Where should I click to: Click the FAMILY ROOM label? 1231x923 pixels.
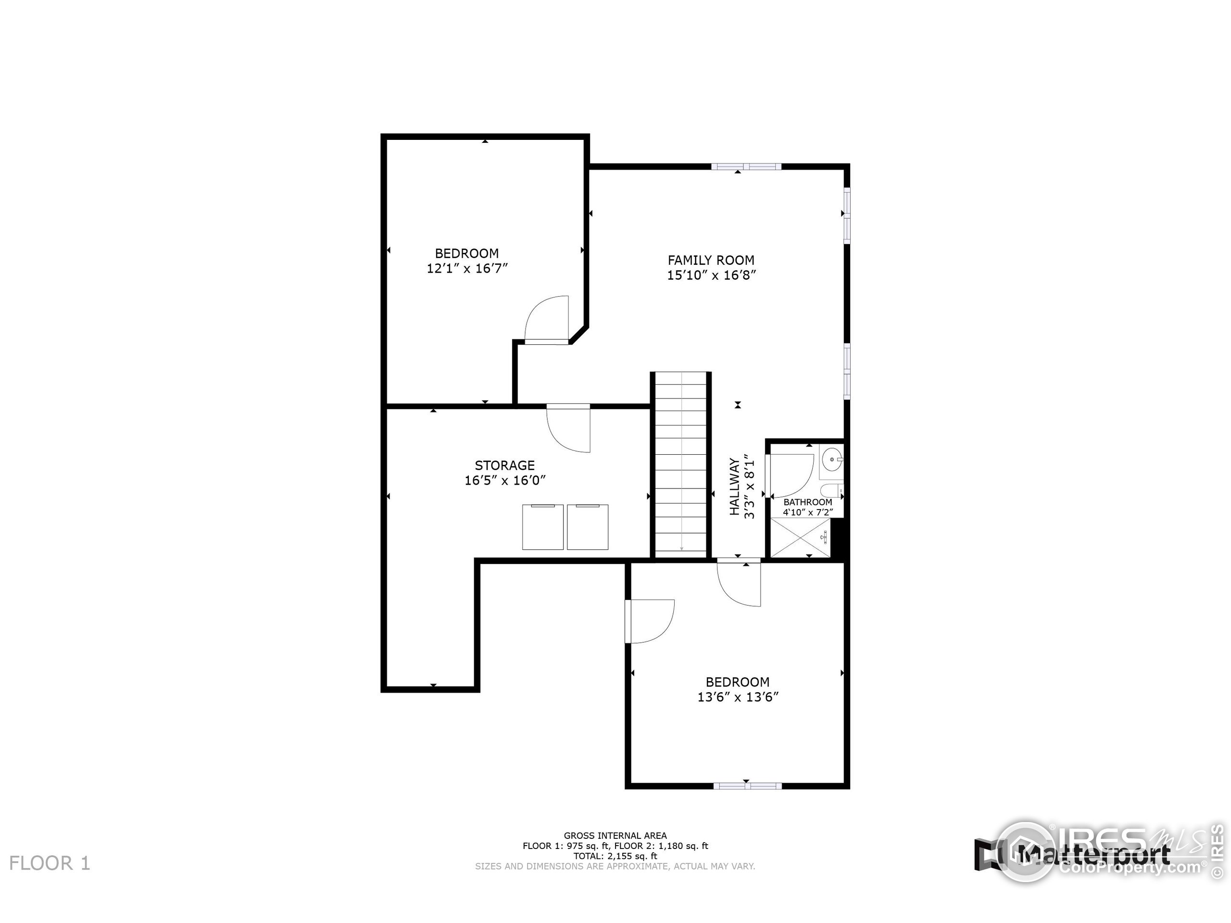point(711,260)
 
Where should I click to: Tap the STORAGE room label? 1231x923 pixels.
point(504,465)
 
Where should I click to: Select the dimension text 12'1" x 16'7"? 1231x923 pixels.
point(467,269)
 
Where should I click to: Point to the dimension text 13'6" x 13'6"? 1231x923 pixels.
point(737,697)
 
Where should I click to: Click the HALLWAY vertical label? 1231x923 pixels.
point(735,486)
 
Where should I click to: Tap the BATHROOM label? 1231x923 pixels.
point(807,502)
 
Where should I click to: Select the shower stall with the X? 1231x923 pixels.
point(800,537)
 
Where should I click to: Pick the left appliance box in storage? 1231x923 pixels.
point(542,527)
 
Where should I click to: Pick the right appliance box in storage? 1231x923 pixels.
point(587,527)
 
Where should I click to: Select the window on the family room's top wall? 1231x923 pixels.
point(746,166)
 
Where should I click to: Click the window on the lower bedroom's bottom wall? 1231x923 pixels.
point(747,786)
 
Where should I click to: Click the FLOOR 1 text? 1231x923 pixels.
point(50,863)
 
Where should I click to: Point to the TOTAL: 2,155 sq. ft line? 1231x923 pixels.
point(615,856)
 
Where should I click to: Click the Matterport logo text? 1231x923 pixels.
point(1093,854)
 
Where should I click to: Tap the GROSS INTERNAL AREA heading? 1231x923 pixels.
point(615,836)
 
